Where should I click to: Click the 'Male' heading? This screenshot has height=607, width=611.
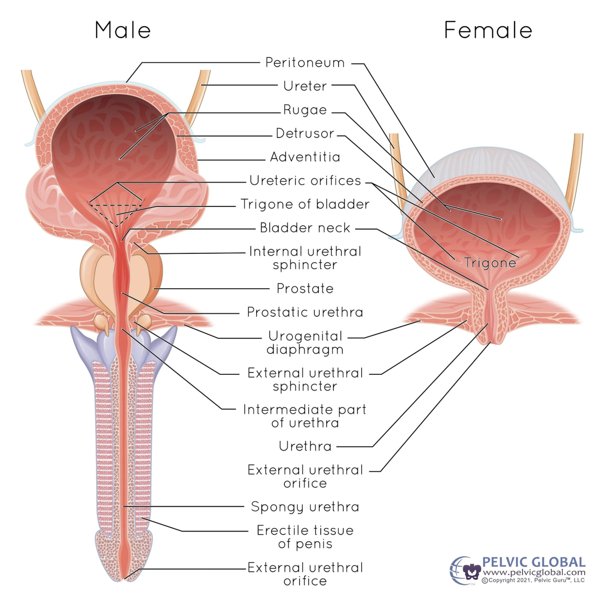pyautogui.click(x=122, y=30)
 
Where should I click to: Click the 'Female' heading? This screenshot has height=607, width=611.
pyautogui.click(x=488, y=30)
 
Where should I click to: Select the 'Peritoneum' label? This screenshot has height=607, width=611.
pyautogui.click(x=305, y=63)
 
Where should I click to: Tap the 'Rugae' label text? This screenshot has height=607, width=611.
pyautogui.click(x=305, y=110)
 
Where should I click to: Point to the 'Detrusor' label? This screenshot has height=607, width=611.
pyautogui.click(x=305, y=133)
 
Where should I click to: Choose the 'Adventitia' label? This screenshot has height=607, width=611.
pyautogui.click(x=305, y=157)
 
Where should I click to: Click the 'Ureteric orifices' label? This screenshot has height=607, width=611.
pyautogui.click(x=305, y=181)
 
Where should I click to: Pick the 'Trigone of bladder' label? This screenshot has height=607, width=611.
pyautogui.click(x=305, y=204)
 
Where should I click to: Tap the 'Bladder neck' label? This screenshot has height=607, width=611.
pyautogui.click(x=305, y=228)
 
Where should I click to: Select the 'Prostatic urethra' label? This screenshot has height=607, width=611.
pyautogui.click(x=305, y=312)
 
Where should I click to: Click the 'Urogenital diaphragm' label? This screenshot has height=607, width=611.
pyautogui.click(x=305, y=343)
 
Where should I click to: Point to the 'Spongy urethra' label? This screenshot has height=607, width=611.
pyautogui.click(x=305, y=507)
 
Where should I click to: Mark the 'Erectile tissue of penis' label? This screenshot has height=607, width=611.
pyautogui.click(x=305, y=537)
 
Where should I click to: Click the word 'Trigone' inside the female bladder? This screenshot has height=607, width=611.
pyautogui.click(x=490, y=263)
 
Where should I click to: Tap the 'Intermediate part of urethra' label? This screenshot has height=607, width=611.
pyautogui.click(x=305, y=416)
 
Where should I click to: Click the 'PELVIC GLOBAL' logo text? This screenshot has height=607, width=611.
pyautogui.click(x=534, y=562)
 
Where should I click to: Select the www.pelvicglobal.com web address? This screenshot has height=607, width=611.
pyautogui.click(x=534, y=573)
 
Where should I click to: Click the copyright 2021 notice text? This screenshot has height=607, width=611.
pyautogui.click(x=533, y=580)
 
